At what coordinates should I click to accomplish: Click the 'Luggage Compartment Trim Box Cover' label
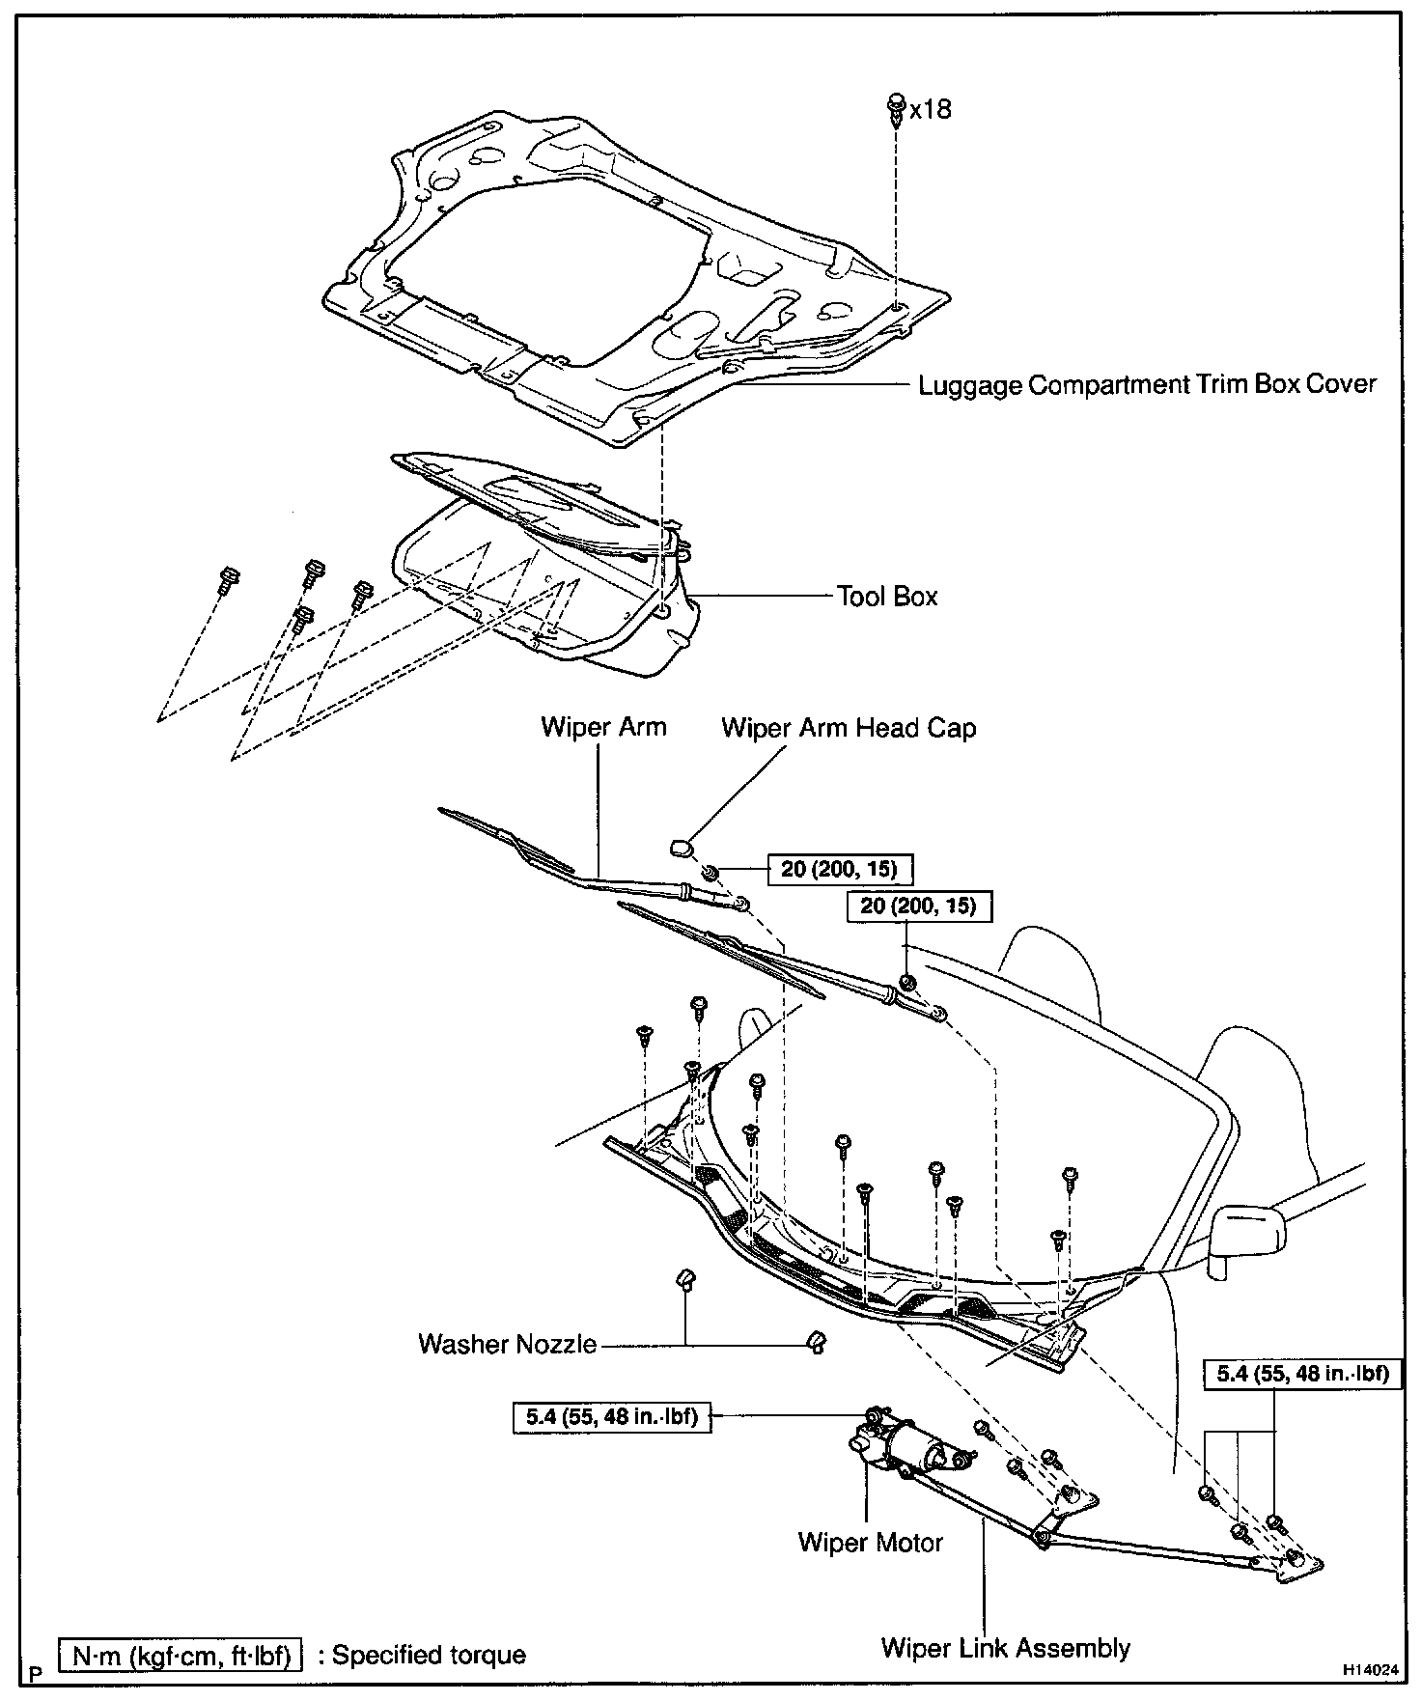pos(1146,385)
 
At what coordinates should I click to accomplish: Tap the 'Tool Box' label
pos(886,597)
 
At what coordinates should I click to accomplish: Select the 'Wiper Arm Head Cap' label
pos(848,728)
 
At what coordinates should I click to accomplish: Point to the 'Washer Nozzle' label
pos(507,1344)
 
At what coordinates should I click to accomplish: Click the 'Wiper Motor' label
pos(870,1543)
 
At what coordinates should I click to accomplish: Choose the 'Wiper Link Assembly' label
pos(1005,1648)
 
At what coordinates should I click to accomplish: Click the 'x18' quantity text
pos(930,109)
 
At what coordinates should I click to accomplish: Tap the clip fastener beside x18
pos(896,108)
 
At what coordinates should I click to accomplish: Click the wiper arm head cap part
pos(682,848)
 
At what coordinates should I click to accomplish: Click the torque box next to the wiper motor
pos(613,1417)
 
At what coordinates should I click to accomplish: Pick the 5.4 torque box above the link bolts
pos(1301,1373)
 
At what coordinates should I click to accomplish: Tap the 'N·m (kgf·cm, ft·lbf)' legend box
pos(181,1655)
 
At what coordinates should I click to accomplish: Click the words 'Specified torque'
pos(429,1655)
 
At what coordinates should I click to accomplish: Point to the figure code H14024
pos(1369,1668)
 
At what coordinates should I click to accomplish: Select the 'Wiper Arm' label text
pos(603,727)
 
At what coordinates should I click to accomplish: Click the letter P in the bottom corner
pos(36,1672)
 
